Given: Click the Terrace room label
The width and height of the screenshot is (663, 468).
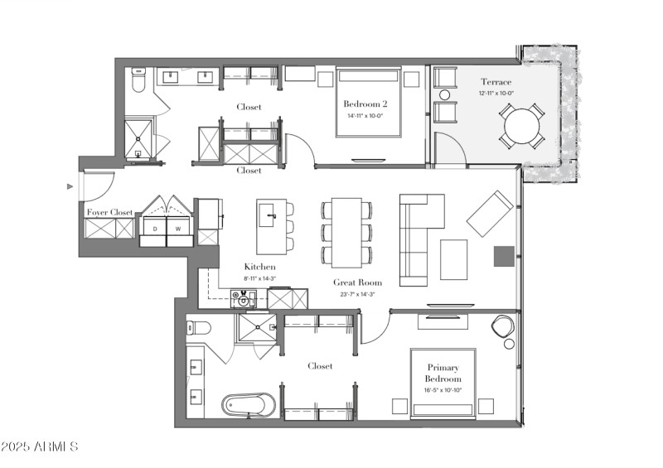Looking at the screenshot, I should point(496,82).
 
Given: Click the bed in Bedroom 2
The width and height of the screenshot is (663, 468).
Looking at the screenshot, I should point(369,104).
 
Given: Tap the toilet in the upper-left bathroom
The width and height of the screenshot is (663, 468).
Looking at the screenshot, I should point(138,81).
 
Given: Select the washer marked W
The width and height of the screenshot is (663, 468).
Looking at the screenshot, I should point(179,228).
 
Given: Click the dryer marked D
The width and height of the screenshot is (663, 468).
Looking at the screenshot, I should point(154,228).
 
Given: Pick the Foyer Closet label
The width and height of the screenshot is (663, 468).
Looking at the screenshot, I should point(110,213).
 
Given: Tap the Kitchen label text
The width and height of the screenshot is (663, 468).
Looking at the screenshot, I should point(259,267).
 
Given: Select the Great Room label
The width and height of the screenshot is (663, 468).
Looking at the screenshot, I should point(356,282).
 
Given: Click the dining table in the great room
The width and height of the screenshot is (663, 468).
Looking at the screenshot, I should point(346,232).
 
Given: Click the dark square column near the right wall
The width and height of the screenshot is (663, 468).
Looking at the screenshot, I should point(503,257).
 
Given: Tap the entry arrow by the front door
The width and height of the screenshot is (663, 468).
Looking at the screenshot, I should point(70,187).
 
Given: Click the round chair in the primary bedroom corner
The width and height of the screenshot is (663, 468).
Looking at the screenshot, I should point(503,327).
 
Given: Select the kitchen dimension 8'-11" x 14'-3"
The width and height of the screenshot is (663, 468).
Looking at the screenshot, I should point(259,279).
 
